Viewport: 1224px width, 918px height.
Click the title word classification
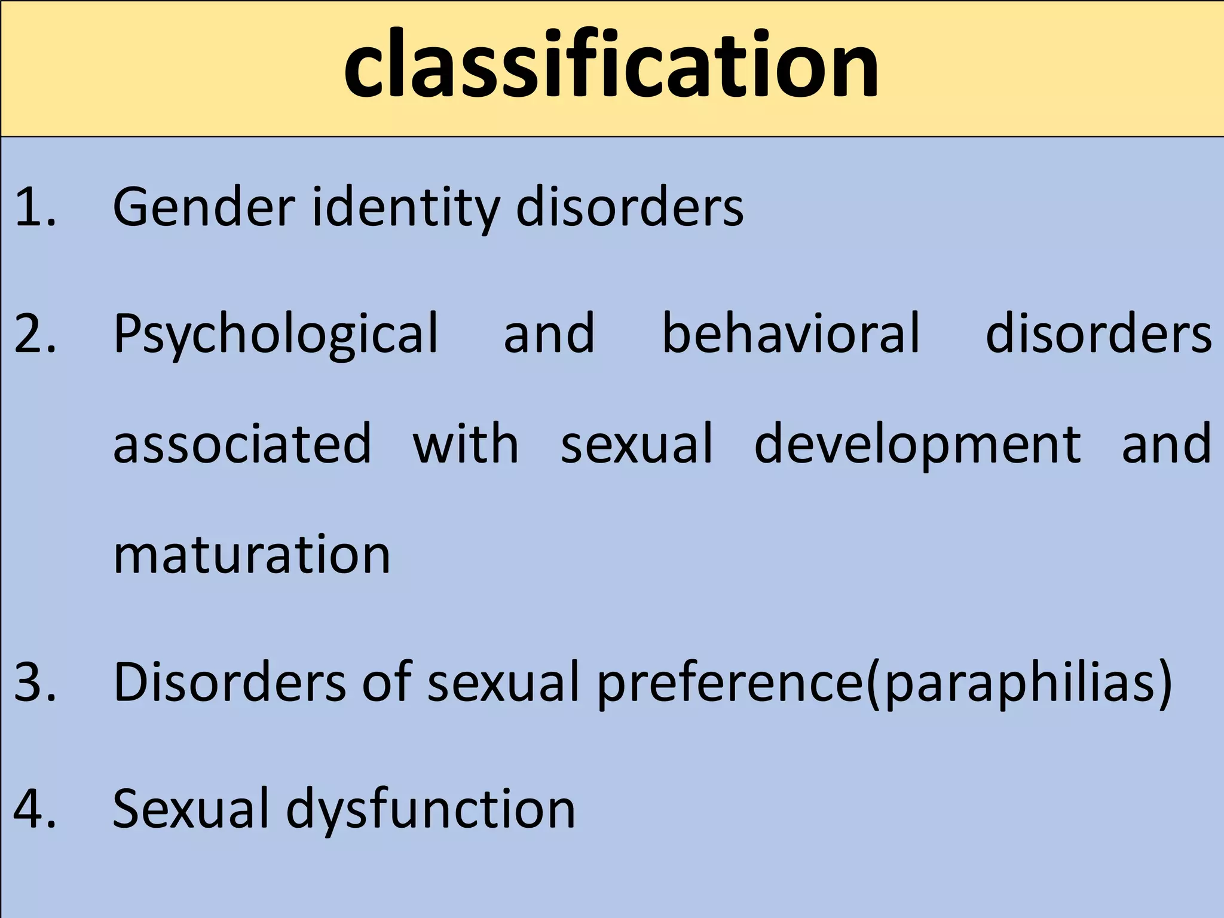(x=611, y=65)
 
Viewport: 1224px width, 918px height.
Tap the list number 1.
(x=35, y=207)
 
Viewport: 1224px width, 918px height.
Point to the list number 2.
(x=35, y=333)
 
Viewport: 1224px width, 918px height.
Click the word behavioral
(x=791, y=333)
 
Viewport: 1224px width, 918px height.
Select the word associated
(x=242, y=444)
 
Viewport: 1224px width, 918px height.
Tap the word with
(x=466, y=444)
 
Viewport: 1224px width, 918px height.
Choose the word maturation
(x=252, y=555)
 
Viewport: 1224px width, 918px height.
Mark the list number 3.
(x=35, y=682)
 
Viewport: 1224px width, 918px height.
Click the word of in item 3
(x=387, y=682)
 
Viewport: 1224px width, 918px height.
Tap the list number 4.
(x=35, y=809)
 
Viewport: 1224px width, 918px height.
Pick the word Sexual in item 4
(x=191, y=809)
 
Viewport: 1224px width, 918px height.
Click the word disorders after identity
(x=629, y=207)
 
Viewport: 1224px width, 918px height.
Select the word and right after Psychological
(x=549, y=333)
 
